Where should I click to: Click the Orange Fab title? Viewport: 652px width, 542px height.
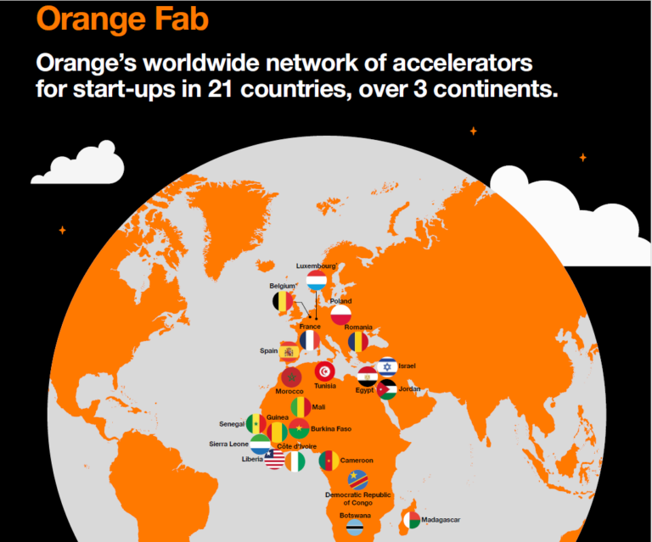(x=122, y=20)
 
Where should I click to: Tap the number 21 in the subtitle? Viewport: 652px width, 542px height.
(x=220, y=88)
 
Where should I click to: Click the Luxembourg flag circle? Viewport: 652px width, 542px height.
(x=317, y=281)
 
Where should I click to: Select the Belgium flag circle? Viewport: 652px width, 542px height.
(x=283, y=301)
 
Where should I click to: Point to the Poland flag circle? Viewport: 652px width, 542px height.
(x=341, y=315)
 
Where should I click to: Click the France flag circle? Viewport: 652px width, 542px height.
(x=310, y=341)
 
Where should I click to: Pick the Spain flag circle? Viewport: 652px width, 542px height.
(x=289, y=352)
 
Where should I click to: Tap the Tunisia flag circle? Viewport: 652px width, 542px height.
(x=325, y=372)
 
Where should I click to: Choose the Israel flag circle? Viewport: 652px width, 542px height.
(x=387, y=366)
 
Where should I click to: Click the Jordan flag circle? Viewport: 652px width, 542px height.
(x=387, y=389)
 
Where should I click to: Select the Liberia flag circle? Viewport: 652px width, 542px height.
(x=274, y=460)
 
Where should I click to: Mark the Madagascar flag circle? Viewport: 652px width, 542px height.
(x=412, y=520)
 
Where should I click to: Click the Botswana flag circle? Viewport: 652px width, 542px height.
(x=355, y=527)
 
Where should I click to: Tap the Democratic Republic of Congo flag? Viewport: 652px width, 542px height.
(x=357, y=480)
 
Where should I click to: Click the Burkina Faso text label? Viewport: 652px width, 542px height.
(x=331, y=428)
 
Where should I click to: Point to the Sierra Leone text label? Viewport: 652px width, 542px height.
(x=228, y=444)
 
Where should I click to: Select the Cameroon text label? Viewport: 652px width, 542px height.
(x=357, y=461)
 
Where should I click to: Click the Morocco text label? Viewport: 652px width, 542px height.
(x=289, y=391)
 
